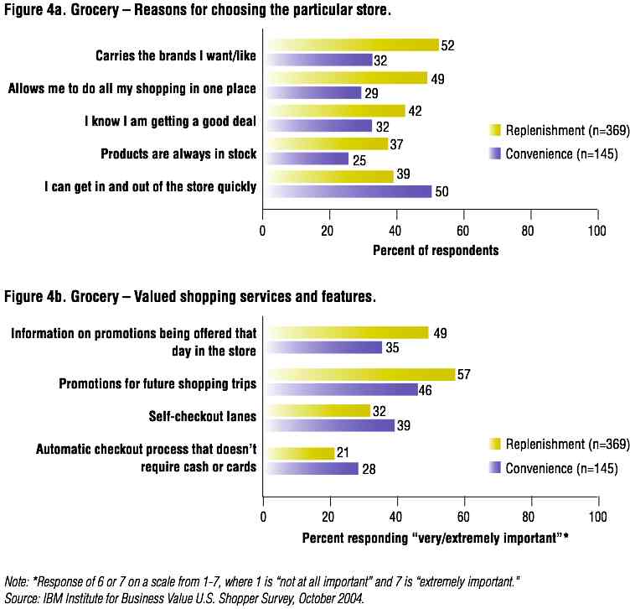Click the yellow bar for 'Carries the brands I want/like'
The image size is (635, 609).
click(352, 44)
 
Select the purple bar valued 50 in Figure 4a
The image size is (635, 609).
click(348, 191)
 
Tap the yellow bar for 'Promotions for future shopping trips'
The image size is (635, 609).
click(359, 374)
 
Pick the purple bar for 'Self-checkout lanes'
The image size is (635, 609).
click(329, 425)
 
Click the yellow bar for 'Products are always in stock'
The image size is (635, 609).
click(326, 143)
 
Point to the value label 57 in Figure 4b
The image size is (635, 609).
click(465, 374)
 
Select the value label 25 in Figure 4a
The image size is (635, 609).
click(359, 158)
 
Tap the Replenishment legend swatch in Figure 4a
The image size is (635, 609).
click(495, 130)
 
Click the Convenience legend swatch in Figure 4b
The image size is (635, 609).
click(495, 468)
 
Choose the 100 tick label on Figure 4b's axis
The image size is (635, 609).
click(597, 514)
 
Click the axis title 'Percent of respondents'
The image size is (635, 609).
click(436, 250)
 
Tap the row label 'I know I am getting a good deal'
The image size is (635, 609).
click(170, 122)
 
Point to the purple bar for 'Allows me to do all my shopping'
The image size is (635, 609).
click(312, 93)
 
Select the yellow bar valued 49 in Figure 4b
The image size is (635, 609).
click(346, 333)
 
